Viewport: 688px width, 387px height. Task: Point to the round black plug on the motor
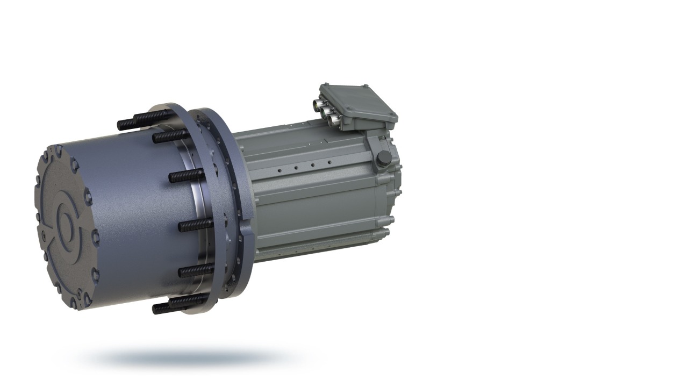(x=384, y=157)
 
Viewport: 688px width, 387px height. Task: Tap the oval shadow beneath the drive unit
(x=188, y=357)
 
